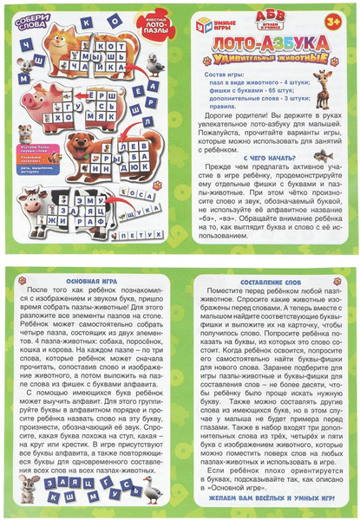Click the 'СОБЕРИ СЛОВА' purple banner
[31, 22]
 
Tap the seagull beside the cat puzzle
[155, 63]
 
